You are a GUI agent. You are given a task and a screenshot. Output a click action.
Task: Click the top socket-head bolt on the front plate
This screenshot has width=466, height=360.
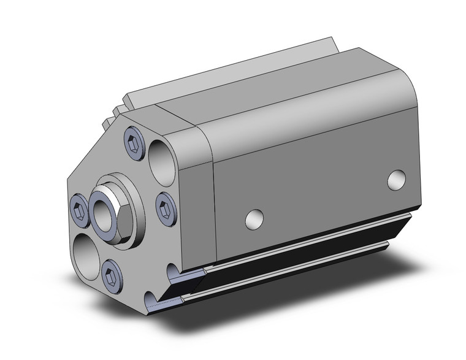135,142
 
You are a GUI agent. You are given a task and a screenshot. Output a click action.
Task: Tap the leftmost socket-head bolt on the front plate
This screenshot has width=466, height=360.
78,212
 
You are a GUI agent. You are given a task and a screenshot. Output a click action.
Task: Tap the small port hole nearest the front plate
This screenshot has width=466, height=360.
254,219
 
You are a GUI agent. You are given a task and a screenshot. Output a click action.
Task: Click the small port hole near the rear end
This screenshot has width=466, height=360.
397,179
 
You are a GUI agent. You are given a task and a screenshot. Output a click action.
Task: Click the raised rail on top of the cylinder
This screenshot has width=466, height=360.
233,71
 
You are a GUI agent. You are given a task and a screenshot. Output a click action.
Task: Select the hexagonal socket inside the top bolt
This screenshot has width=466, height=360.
135,142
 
